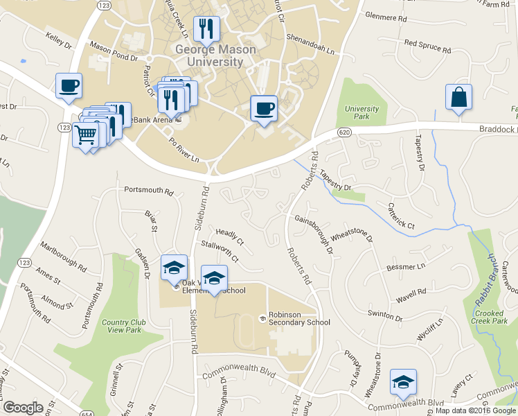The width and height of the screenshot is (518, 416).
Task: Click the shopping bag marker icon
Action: point(458,98)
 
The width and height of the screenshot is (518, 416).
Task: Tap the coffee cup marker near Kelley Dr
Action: point(69,87)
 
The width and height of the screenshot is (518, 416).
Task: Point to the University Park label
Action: point(362,113)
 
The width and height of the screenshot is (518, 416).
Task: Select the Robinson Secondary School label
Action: point(295,318)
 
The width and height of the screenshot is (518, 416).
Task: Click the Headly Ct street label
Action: point(230,237)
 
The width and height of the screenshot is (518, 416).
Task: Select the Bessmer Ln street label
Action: point(407,266)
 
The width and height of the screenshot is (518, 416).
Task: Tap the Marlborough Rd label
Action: point(63,257)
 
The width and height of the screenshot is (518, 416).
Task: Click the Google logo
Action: point(24,407)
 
